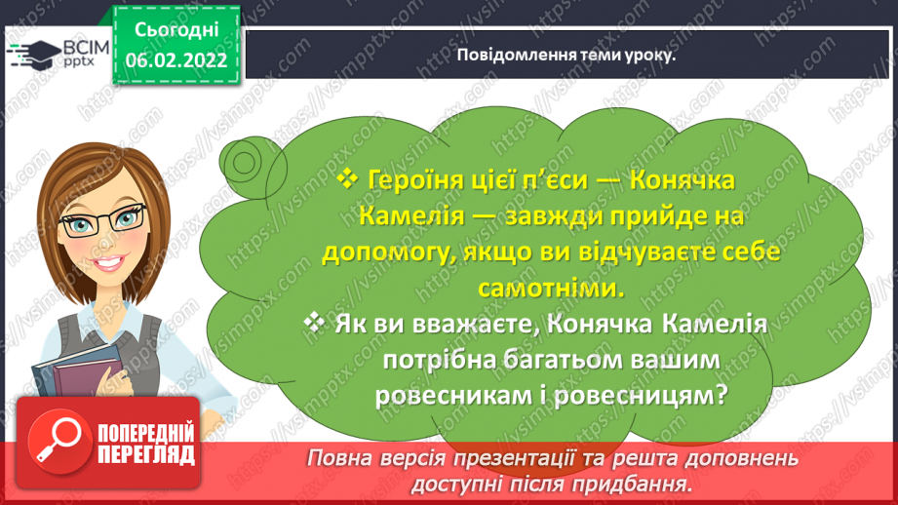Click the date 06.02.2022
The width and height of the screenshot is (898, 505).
point(176,60)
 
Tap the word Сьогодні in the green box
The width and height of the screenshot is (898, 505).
point(176,30)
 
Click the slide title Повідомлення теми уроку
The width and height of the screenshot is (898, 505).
point(566,55)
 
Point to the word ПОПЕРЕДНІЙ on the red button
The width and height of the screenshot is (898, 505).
point(146,434)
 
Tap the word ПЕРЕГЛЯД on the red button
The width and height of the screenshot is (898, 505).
point(146,455)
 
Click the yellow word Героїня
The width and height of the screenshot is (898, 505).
point(415,180)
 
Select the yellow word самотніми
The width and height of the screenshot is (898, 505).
point(551,288)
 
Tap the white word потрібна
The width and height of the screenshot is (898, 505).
point(438,360)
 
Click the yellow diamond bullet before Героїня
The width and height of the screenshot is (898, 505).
point(348,178)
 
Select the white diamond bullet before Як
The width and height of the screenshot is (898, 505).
point(314,323)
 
